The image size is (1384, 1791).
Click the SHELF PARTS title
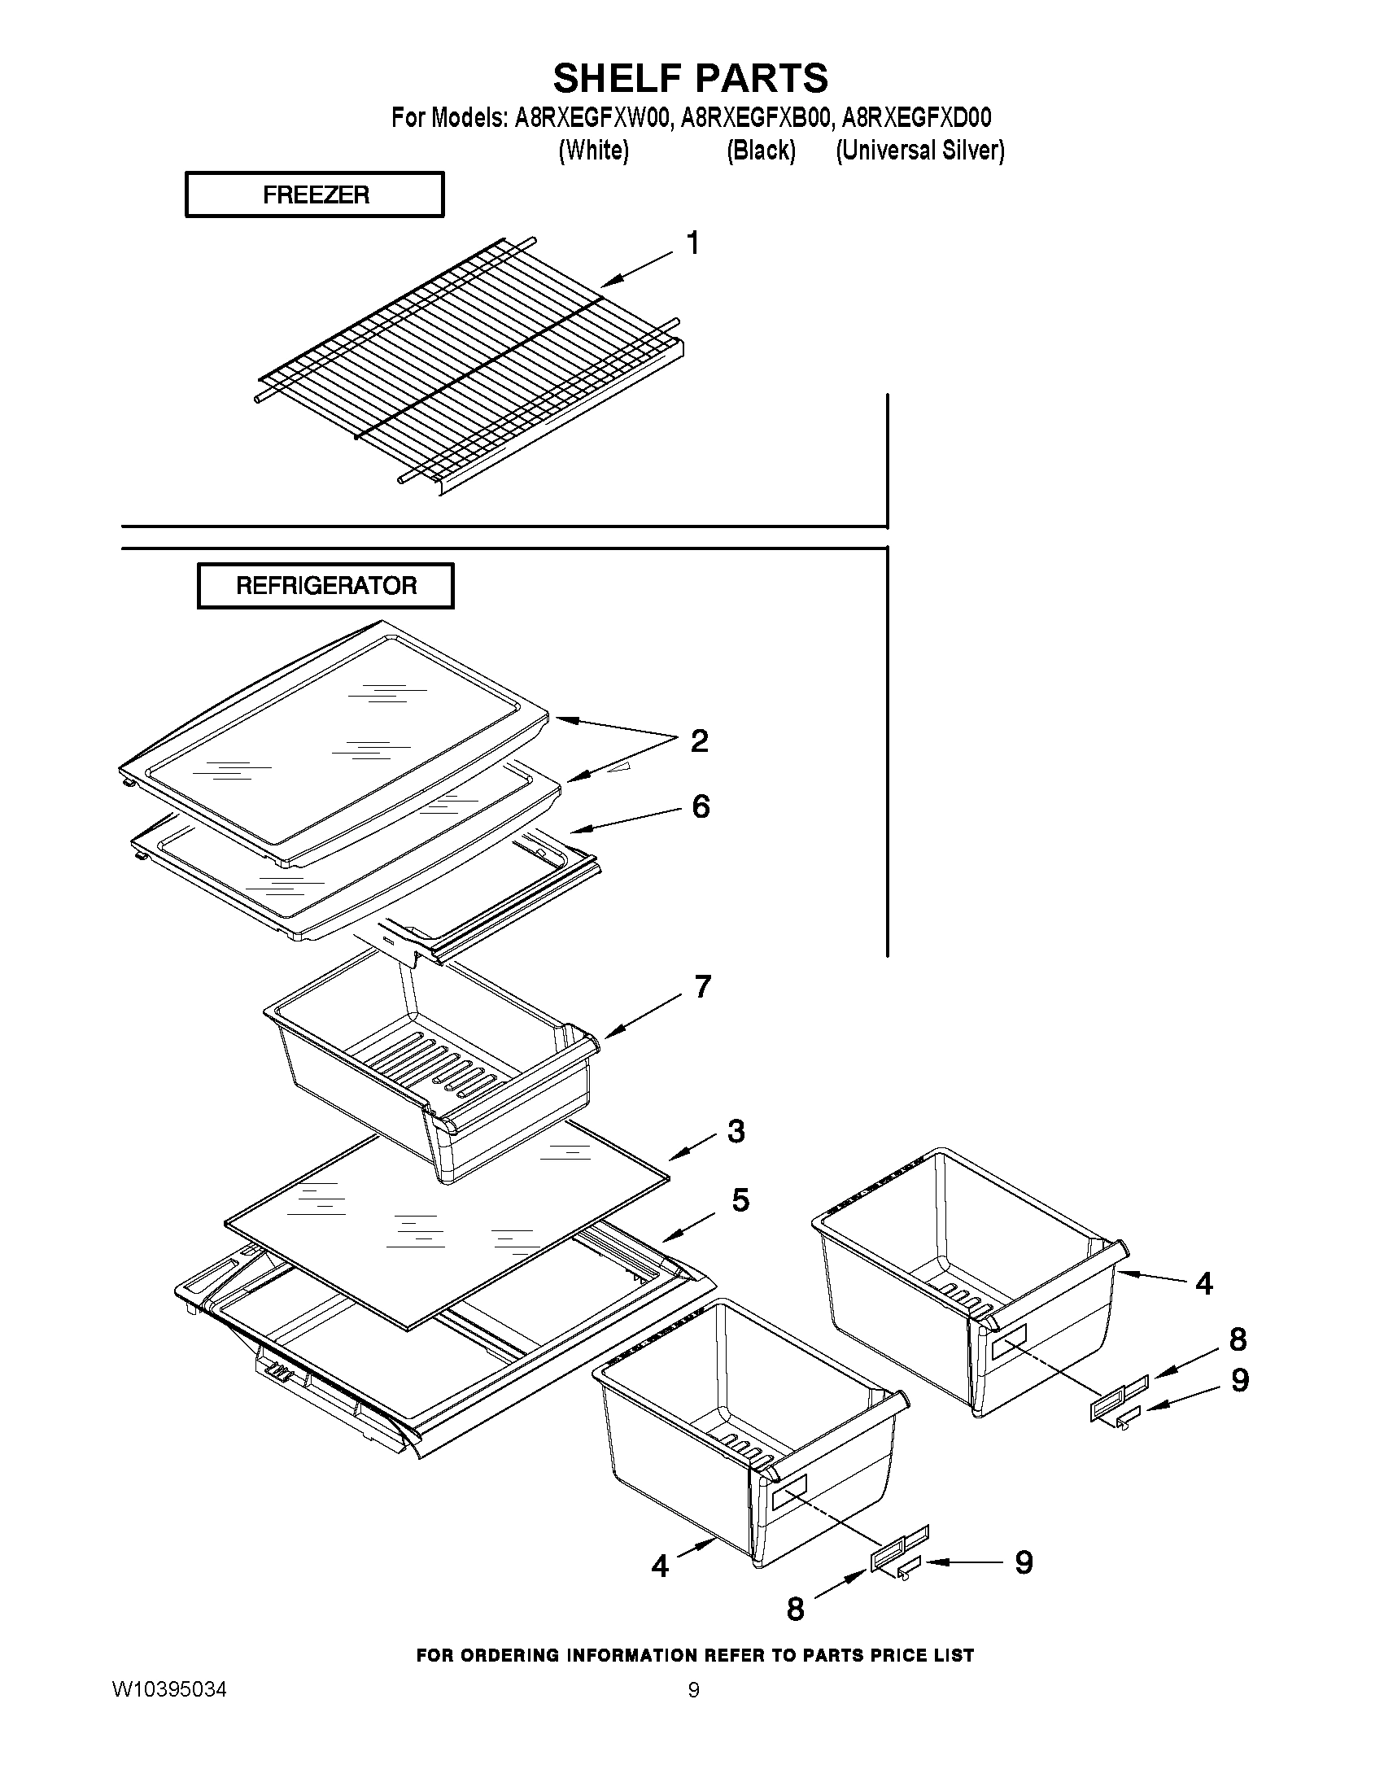(x=690, y=79)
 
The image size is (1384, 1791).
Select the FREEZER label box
(x=315, y=195)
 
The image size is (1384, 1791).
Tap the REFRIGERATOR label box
(x=325, y=586)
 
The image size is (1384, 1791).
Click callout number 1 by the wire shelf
(x=693, y=243)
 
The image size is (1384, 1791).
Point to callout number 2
(x=699, y=740)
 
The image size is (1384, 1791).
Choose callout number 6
(x=701, y=806)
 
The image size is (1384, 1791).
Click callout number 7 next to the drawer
(x=702, y=986)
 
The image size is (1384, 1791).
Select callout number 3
(x=736, y=1131)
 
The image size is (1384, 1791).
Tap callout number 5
(x=740, y=1199)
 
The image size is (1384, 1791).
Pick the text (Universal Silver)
(x=919, y=151)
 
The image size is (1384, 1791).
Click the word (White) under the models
(x=593, y=151)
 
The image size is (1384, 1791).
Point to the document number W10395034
(x=170, y=1690)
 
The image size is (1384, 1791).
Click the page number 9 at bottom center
(x=694, y=1690)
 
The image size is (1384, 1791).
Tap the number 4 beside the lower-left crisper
(x=660, y=1566)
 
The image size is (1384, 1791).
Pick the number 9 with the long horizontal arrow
(x=1024, y=1562)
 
